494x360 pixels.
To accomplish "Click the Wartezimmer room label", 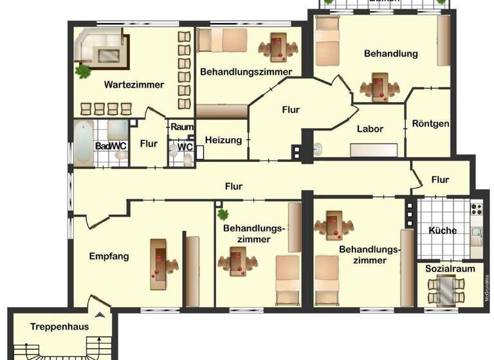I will [x=134, y=84].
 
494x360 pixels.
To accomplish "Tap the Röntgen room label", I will [x=430, y=124].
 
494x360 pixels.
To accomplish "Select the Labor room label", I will [x=370, y=129].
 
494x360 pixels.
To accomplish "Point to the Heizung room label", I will [x=223, y=140].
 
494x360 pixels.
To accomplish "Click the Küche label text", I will [x=442, y=231].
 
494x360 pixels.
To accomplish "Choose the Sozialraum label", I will [x=445, y=267].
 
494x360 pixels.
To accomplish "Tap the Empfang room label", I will [x=109, y=256].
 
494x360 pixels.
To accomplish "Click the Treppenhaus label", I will [x=59, y=327].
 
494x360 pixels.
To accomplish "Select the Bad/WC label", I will [x=111, y=146].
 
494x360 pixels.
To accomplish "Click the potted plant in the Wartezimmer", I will [x=82, y=70].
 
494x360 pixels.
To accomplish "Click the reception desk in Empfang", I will [x=159, y=264].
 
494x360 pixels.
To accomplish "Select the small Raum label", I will [x=182, y=127].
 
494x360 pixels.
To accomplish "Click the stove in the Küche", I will [x=476, y=209].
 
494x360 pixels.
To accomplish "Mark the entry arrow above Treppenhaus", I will [x=100, y=315].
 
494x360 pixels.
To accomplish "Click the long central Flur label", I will [x=233, y=186].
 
